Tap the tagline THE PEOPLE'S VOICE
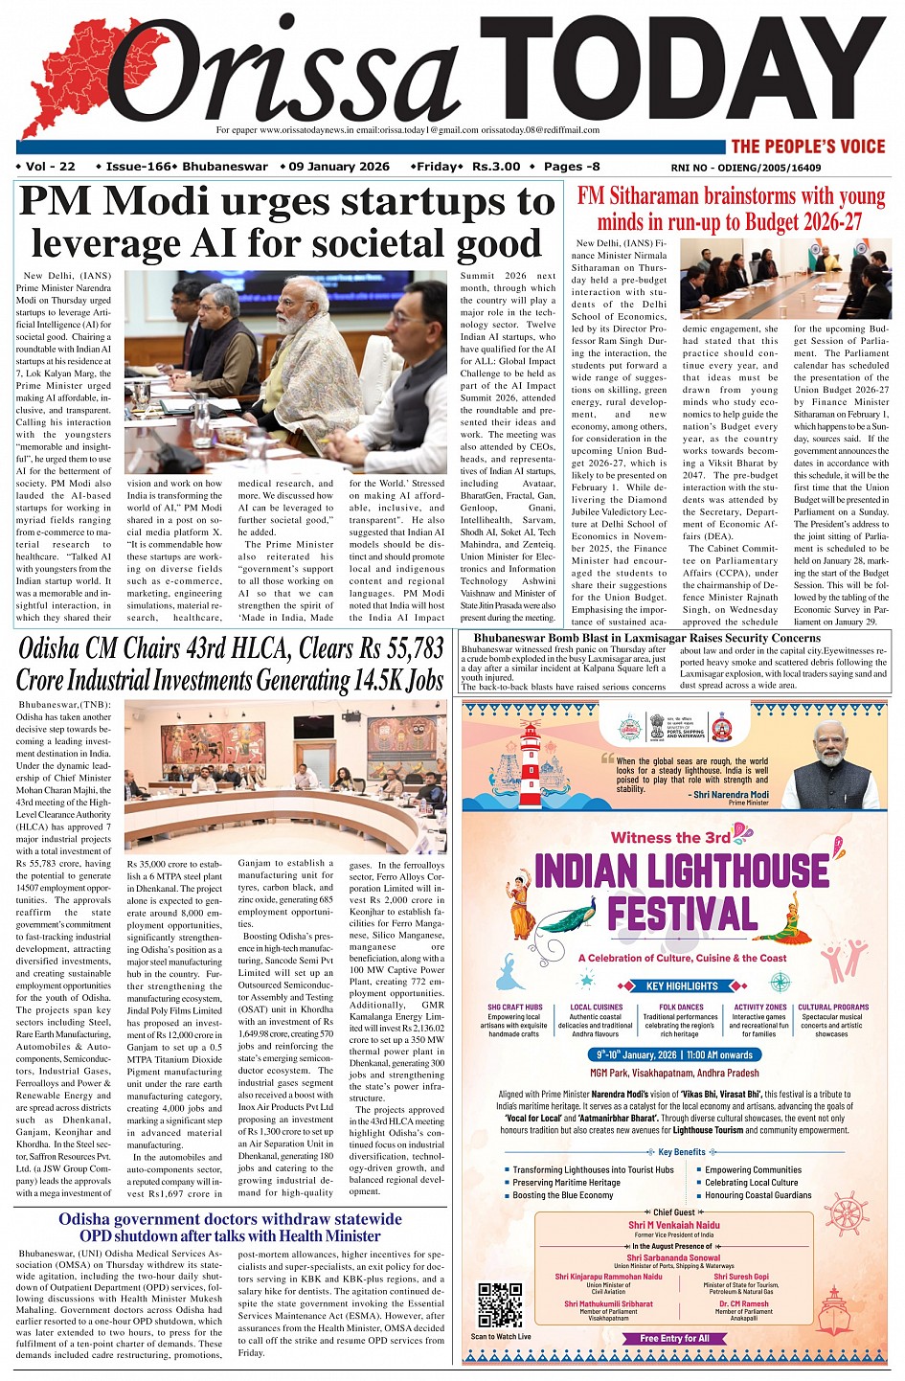tap(807, 147)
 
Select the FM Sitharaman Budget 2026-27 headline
tap(731, 209)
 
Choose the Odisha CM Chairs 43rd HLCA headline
tap(230, 665)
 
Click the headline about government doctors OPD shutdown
tap(230, 1227)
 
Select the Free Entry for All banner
tap(674, 1338)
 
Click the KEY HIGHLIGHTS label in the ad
tap(681, 985)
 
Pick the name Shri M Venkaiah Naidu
tap(673, 1225)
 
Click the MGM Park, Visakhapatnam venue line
tap(674, 1073)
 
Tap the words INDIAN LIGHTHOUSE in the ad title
tap(681, 871)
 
